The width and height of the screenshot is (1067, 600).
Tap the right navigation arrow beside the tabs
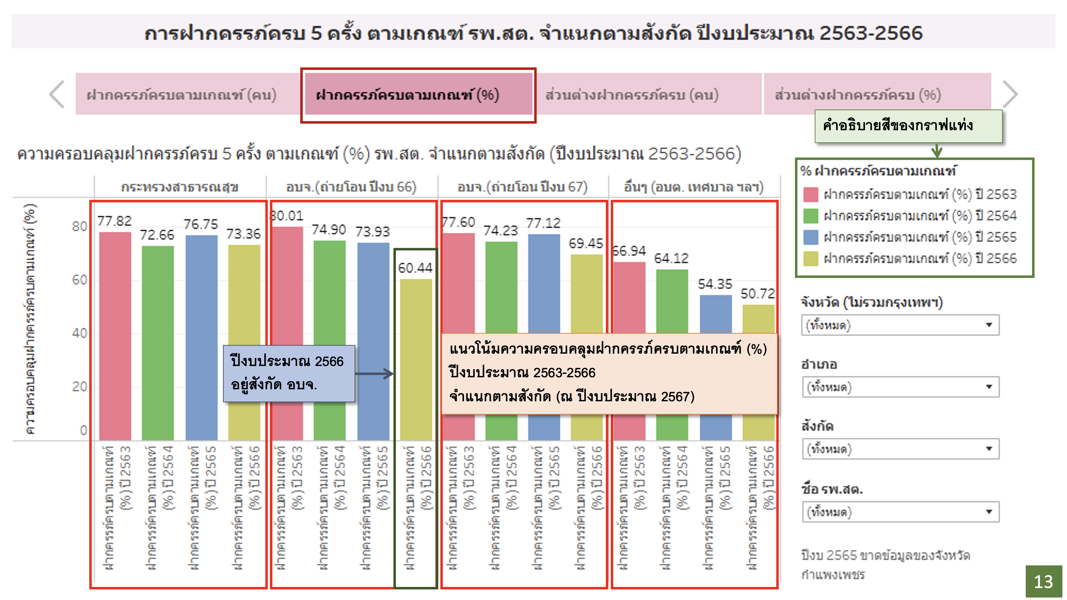1010,95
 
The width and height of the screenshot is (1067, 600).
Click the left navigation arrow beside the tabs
57,95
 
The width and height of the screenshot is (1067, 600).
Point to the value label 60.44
415,268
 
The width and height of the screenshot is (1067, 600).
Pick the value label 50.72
758,294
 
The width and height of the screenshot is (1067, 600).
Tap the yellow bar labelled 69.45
586,294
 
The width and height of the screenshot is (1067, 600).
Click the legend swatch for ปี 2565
810,238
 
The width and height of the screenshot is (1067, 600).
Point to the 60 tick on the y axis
79,280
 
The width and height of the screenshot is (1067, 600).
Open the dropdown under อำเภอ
900,387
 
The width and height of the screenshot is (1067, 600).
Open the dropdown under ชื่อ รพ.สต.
900,512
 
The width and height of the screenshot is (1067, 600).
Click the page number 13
1043,582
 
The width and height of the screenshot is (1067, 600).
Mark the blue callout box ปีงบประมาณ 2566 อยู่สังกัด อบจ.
289,373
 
